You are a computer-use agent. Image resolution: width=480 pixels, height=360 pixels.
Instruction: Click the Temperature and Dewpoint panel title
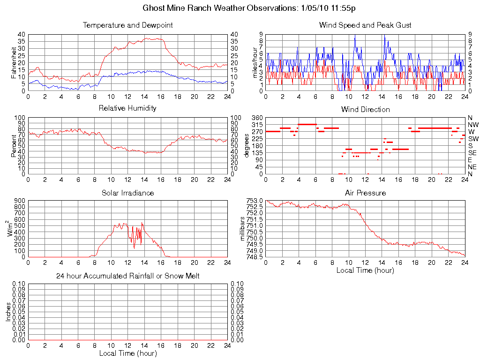pyautogui.click(x=127, y=25)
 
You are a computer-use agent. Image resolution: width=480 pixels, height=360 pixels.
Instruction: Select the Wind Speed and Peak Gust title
pyautogui.click(x=365, y=25)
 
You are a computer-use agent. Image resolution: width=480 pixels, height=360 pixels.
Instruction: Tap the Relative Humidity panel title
pyautogui.click(x=127, y=108)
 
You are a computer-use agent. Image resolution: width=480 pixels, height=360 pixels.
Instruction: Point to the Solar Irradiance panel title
pyautogui.click(x=127, y=193)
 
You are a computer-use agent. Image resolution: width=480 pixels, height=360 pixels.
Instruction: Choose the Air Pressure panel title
pyautogui.click(x=365, y=193)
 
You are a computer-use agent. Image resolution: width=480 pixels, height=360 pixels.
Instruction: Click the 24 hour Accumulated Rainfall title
pyautogui.click(x=127, y=276)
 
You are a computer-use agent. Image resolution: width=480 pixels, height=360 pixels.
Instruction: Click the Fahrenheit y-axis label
pyautogui.click(x=14, y=62)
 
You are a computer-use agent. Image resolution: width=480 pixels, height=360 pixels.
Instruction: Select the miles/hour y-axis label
pyautogui.click(x=256, y=62)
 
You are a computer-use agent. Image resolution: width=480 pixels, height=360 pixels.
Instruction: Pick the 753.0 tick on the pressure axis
pyautogui.click(x=255, y=201)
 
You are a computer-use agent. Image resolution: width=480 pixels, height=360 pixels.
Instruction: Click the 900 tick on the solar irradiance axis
pyautogui.click(x=19, y=201)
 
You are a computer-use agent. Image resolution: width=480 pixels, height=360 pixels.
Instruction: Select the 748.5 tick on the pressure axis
pyautogui.click(x=255, y=257)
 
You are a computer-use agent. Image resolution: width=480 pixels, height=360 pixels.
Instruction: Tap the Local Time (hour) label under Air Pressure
pyautogui.click(x=365, y=270)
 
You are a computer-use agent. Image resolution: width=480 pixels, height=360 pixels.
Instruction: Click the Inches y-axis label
pyautogui.click(x=8, y=312)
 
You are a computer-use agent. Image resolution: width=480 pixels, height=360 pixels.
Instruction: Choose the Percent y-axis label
pyautogui.click(x=14, y=145)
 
